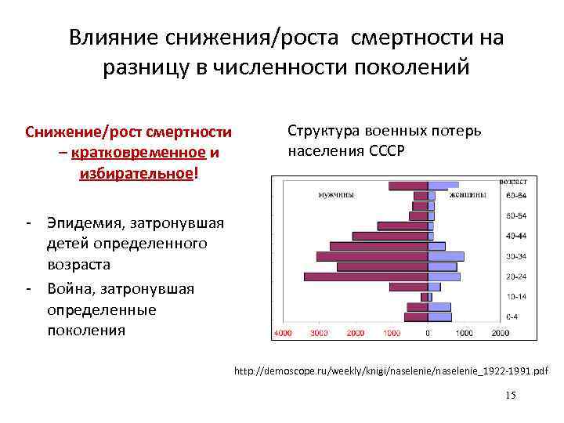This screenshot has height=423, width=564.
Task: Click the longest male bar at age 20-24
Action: tap(366, 277)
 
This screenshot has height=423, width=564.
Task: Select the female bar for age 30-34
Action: tap(446, 256)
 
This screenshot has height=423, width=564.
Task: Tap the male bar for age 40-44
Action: tap(390, 236)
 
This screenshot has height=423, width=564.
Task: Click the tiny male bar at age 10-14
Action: tap(425, 297)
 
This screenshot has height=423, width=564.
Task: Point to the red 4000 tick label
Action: tap(282, 333)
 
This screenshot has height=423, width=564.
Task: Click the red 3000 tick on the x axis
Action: tap(319, 333)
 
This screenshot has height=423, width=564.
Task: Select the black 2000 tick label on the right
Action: tap(501, 333)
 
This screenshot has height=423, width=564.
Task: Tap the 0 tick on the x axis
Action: tap(428, 333)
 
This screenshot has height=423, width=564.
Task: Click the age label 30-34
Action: tap(516, 255)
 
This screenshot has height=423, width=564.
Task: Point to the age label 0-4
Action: tap(512, 317)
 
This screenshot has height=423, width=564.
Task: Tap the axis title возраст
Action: tap(513, 182)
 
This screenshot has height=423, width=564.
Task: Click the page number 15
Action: tap(511, 396)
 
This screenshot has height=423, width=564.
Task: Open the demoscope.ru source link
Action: tap(392, 369)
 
